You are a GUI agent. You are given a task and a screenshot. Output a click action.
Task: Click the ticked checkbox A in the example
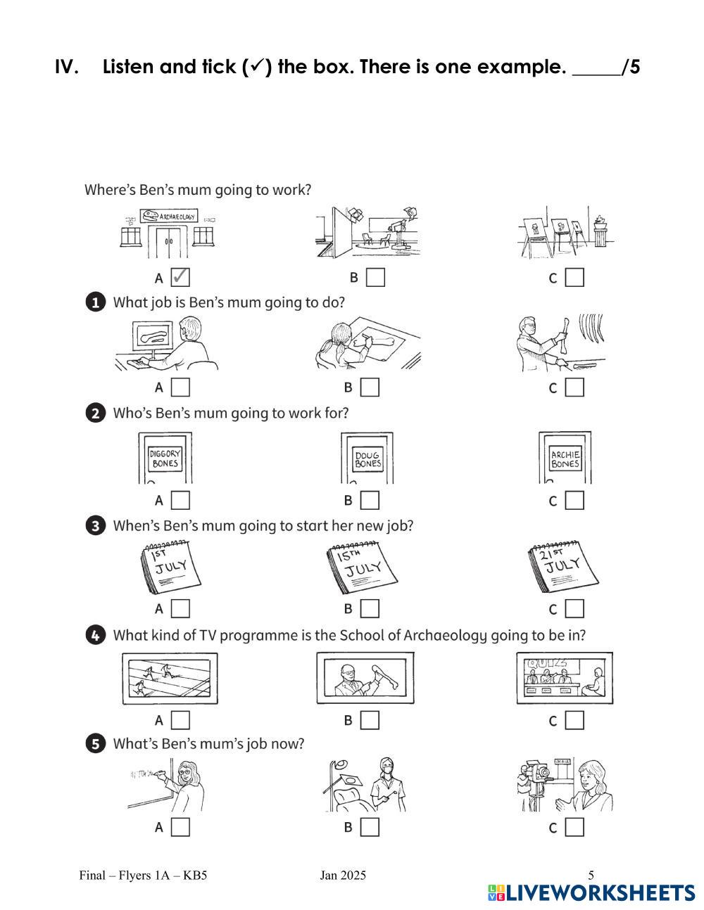pos(180,277)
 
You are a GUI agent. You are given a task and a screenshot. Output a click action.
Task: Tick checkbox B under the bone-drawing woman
pos(370,387)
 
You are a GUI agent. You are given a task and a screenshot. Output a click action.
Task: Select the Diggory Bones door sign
pos(165,459)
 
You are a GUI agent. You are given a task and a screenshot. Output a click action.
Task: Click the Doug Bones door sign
pos(367,460)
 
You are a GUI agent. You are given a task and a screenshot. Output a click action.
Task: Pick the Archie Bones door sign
pos(565,459)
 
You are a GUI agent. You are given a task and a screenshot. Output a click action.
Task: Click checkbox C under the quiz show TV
pos(574,720)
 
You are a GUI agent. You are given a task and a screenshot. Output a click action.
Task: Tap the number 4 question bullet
pos(95,635)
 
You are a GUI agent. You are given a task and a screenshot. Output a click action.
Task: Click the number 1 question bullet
pos(95,302)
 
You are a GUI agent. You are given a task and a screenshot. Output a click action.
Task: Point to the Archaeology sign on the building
pos(168,216)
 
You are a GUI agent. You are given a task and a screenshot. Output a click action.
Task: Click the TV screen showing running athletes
pos(170,678)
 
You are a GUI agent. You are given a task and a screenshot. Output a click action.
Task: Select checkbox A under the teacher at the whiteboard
pos(180,827)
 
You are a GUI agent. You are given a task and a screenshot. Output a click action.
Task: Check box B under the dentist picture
pos(370,827)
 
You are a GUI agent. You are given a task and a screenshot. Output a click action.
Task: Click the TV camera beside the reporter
pos(536,778)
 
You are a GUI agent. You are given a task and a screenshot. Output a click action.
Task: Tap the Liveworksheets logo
pos(591,892)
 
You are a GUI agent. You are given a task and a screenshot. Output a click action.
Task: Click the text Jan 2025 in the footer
pos(343,876)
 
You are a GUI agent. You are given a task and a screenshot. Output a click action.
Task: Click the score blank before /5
pos(596,69)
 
